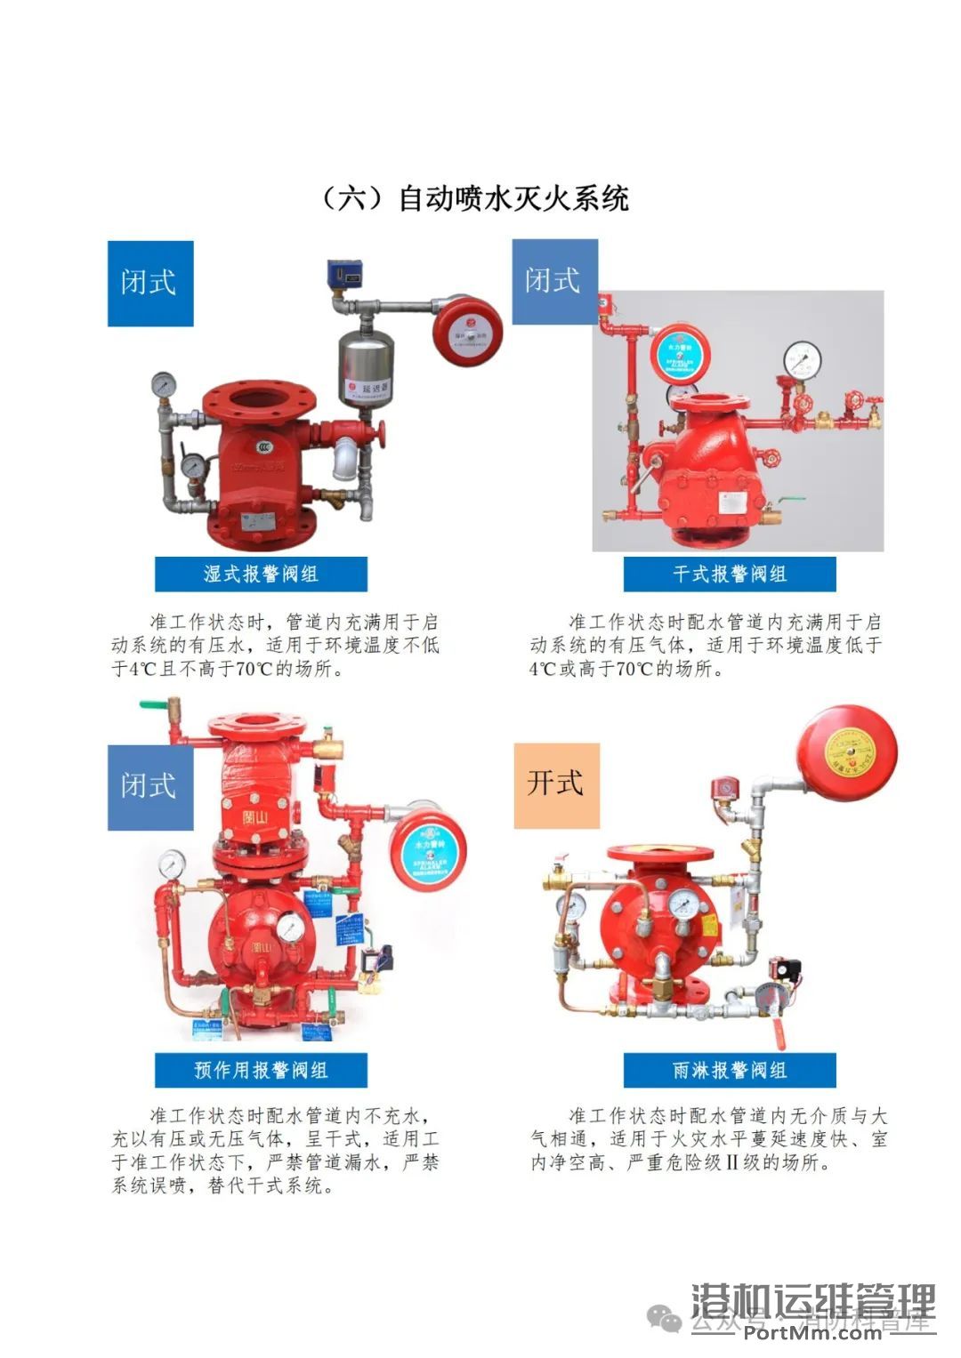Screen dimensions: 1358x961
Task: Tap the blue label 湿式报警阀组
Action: pyautogui.click(x=261, y=575)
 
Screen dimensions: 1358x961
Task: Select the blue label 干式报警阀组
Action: pyautogui.click(x=729, y=575)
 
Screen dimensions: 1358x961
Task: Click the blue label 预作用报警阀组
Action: pyautogui.click(x=261, y=1070)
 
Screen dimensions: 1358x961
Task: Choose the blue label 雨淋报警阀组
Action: pyautogui.click(x=729, y=1070)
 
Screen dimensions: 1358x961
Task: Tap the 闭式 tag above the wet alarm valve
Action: pyautogui.click(x=149, y=283)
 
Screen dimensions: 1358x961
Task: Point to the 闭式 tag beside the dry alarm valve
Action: pyautogui.click(x=553, y=281)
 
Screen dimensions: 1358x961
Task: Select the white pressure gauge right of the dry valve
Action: pyautogui.click(x=803, y=360)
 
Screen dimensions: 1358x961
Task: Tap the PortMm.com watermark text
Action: pyautogui.click(x=812, y=1330)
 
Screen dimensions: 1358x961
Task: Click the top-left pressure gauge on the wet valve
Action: pyautogui.click(x=164, y=384)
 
